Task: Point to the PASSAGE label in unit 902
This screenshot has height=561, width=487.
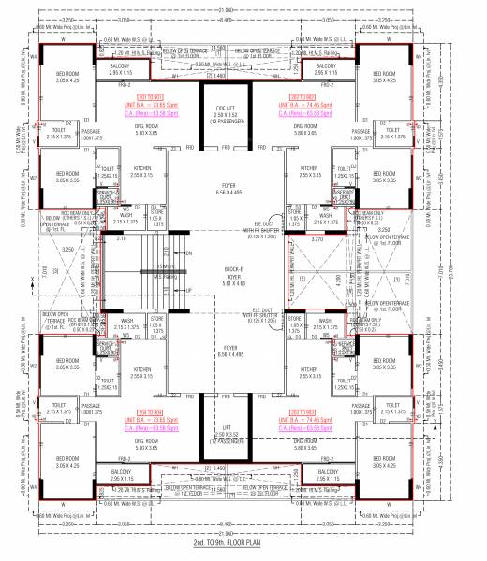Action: point(361,133)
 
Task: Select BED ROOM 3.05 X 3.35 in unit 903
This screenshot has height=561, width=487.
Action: point(385,366)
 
